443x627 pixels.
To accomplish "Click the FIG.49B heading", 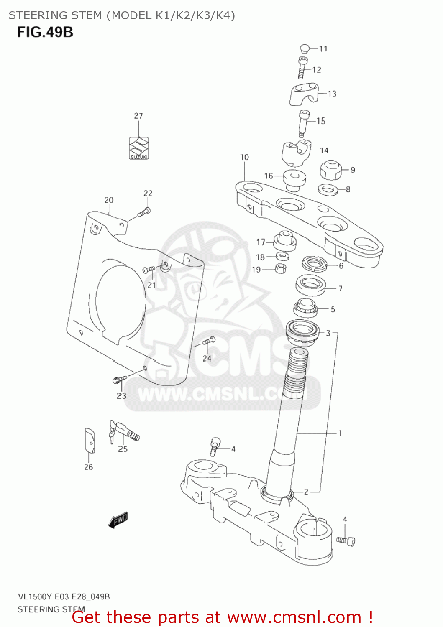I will pyautogui.click(x=45, y=32).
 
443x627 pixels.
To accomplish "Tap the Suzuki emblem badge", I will pyautogui.click(x=138, y=148).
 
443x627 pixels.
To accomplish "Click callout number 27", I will pyautogui.click(x=138, y=116).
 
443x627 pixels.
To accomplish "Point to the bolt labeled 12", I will pyautogui.click(x=302, y=68).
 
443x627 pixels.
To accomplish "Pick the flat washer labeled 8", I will pyautogui.click(x=328, y=190).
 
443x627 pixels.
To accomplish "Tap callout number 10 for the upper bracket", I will pyautogui.click(x=244, y=157).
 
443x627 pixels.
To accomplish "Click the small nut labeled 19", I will pyautogui.click(x=281, y=268).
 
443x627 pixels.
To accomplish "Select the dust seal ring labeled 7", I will pyautogui.click(x=311, y=285).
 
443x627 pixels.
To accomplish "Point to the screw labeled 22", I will pyautogui.click(x=144, y=212).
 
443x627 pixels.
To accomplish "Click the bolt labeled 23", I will pyautogui.click(x=119, y=379).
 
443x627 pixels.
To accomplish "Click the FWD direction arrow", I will pyautogui.click(x=118, y=520).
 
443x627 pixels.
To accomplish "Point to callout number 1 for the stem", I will pyautogui.click(x=340, y=433).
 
